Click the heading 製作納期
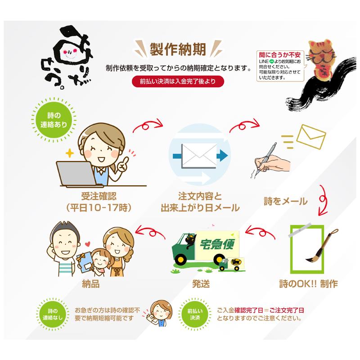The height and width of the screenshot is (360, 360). click(178, 49)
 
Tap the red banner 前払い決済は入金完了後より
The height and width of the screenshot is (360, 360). click(178, 81)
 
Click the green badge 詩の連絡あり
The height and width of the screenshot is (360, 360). click(54, 120)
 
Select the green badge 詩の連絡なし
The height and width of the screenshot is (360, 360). click(53, 314)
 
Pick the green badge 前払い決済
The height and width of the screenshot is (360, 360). click(195, 314)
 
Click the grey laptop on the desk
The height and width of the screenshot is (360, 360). click(77, 174)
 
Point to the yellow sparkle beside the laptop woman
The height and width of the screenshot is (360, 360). click(70, 153)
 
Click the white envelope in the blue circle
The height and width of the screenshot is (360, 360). click(199, 156)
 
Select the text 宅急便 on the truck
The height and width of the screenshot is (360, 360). click(217, 244)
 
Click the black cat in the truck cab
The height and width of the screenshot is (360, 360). click(190, 241)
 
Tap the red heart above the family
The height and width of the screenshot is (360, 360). click(87, 244)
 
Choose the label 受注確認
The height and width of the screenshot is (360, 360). click(99, 197)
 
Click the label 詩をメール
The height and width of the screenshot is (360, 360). click(285, 201)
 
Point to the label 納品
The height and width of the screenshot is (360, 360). click(91, 284)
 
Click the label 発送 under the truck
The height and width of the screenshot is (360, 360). click(201, 284)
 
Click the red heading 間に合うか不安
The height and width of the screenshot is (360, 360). click(279, 55)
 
